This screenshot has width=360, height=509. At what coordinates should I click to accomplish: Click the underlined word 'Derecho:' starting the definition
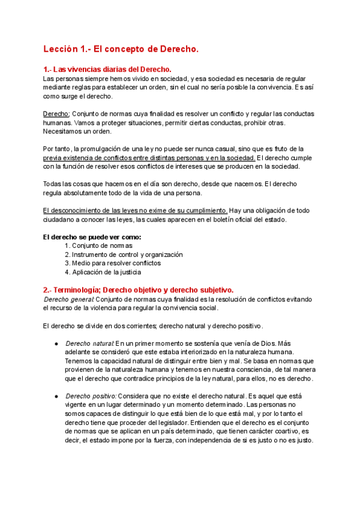57,114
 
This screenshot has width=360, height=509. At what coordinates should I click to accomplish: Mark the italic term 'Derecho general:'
69,299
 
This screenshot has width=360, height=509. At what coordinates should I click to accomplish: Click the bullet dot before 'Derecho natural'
55,343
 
